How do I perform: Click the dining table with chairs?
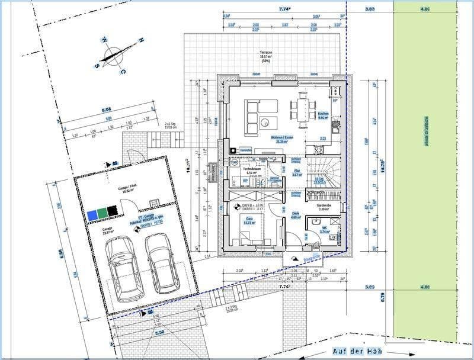click(302, 109)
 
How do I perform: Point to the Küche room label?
click(323, 114)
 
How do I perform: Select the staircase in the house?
click(325, 173)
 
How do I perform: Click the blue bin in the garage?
click(92, 212)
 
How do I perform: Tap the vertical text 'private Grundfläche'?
click(425, 136)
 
